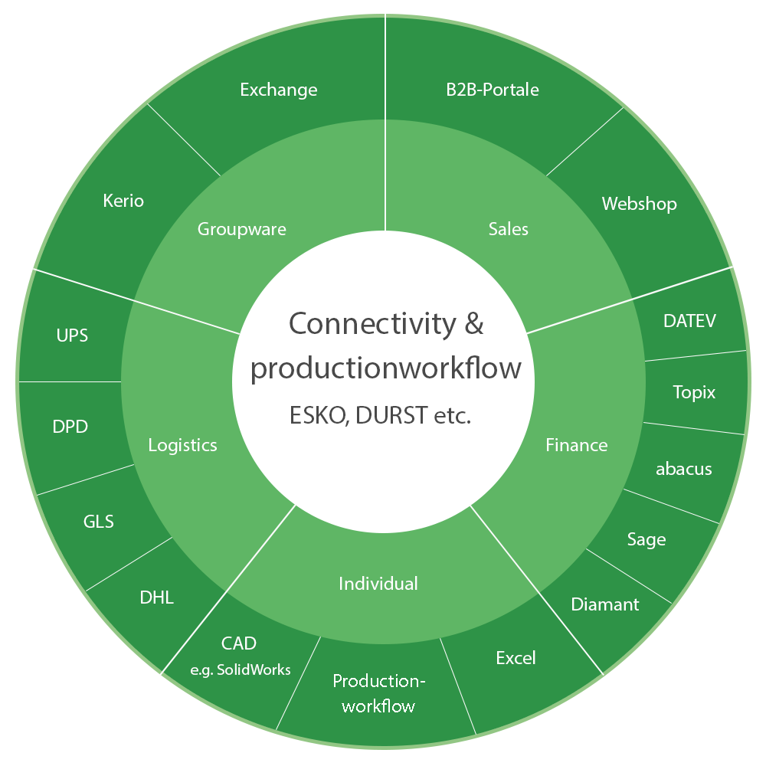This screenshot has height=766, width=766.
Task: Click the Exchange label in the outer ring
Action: [279, 90]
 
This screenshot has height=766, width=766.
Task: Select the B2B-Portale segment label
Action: [493, 90]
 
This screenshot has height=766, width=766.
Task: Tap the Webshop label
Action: [639, 204]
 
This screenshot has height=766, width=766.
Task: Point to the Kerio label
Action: [123, 201]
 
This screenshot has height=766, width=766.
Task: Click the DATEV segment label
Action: [689, 321]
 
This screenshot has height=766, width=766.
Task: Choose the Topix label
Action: [694, 392]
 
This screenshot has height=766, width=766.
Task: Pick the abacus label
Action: [683, 469]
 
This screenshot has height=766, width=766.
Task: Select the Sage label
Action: [647, 540]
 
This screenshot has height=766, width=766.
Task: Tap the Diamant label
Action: [605, 605]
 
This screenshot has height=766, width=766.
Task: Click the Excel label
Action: [516, 658]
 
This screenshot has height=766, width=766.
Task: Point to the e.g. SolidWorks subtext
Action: [241, 669]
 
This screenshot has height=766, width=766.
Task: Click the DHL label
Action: [157, 597]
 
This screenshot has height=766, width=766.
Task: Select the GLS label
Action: [99, 522]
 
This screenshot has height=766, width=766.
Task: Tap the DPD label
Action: [70, 427]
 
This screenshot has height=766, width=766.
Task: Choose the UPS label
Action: [72, 336]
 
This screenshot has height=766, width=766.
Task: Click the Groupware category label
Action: [242, 230]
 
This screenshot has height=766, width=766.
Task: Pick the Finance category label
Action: [577, 445]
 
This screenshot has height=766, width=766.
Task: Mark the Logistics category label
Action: [183, 446]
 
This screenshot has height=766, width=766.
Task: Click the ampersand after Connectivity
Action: [474, 324]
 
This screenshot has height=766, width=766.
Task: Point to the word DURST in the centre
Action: [391, 416]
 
